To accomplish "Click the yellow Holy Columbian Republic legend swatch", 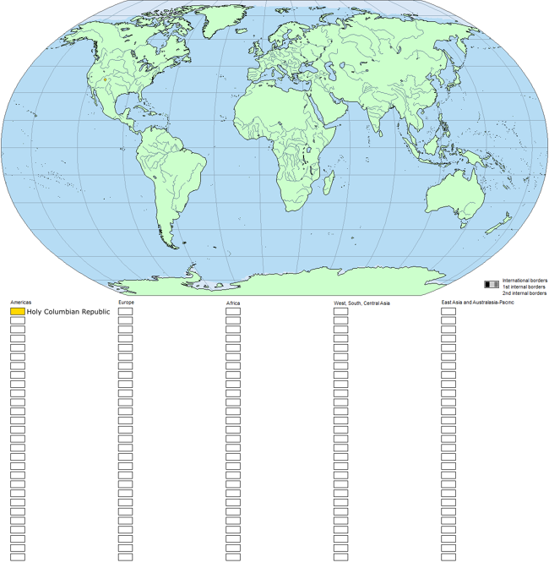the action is point(18,312).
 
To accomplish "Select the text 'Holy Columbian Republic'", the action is point(68,312).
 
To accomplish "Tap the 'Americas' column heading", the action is point(21,302).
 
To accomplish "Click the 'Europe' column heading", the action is point(126,302).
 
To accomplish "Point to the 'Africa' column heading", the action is point(233,303).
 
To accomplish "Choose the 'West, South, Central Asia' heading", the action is point(361,303).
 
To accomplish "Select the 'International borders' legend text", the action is point(525,280).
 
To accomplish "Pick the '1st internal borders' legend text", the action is point(524,287).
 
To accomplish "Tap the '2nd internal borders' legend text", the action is point(524,293).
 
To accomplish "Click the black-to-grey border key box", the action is point(492,285).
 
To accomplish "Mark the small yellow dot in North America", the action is point(105,80).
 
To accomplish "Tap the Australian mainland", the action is point(452,194).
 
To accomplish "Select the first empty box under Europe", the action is point(125,312).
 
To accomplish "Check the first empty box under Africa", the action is point(233,312).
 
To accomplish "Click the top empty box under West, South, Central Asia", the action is point(340,312).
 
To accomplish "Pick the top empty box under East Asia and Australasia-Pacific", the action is point(448,312).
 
